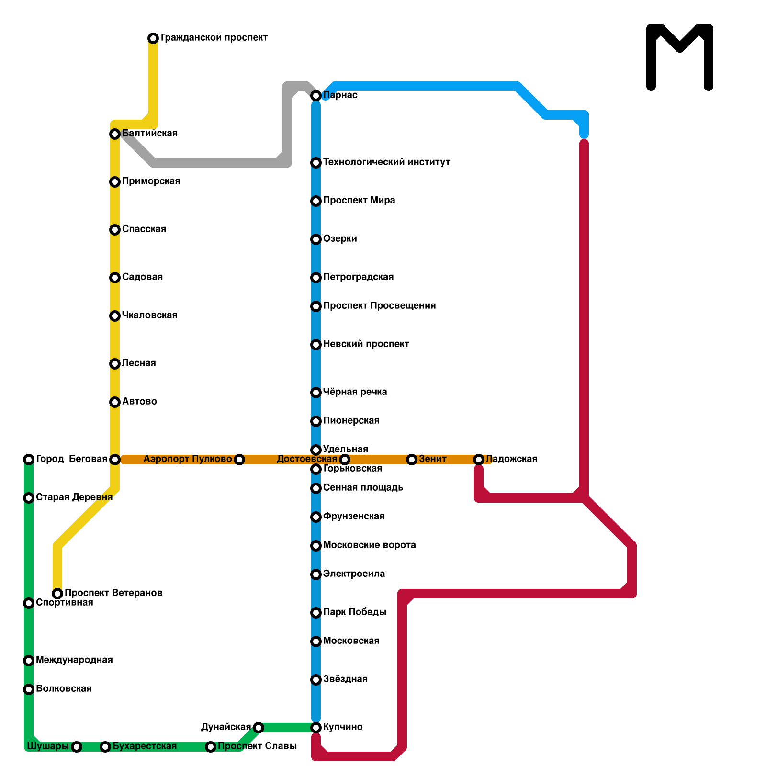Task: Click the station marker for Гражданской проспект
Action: pos(153,38)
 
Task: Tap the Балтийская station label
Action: pos(149,134)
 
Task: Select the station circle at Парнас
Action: pos(316,96)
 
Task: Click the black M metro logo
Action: pos(680,56)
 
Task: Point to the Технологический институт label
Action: pos(386,162)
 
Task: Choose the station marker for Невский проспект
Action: pos(316,345)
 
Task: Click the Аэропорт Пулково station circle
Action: pos(239,460)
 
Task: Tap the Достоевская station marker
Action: pos(345,460)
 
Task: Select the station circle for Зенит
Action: pos(412,460)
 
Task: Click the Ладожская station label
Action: pos(511,459)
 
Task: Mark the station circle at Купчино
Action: pos(316,728)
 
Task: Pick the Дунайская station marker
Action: pos(259,728)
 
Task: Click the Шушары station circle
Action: pos(77,747)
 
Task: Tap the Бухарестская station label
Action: pos(144,746)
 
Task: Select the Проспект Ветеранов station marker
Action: pos(57,594)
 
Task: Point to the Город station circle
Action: pos(29,460)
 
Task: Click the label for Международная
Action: pos(74,660)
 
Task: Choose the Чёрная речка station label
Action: pos(355,392)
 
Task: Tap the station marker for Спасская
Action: pos(115,230)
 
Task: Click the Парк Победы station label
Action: pos(354,612)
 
